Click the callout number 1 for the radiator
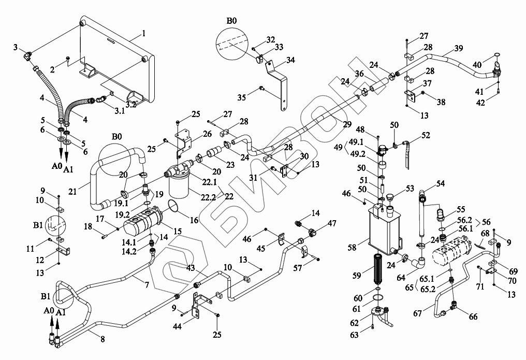pyautogui.click(x=143, y=33)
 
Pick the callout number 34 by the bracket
pyautogui.click(x=290, y=60)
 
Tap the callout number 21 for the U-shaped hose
pyautogui.click(x=72, y=192)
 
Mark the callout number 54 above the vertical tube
pyautogui.click(x=441, y=183)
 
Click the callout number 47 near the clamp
pyautogui.click(x=331, y=223)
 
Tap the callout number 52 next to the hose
pyautogui.click(x=426, y=135)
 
